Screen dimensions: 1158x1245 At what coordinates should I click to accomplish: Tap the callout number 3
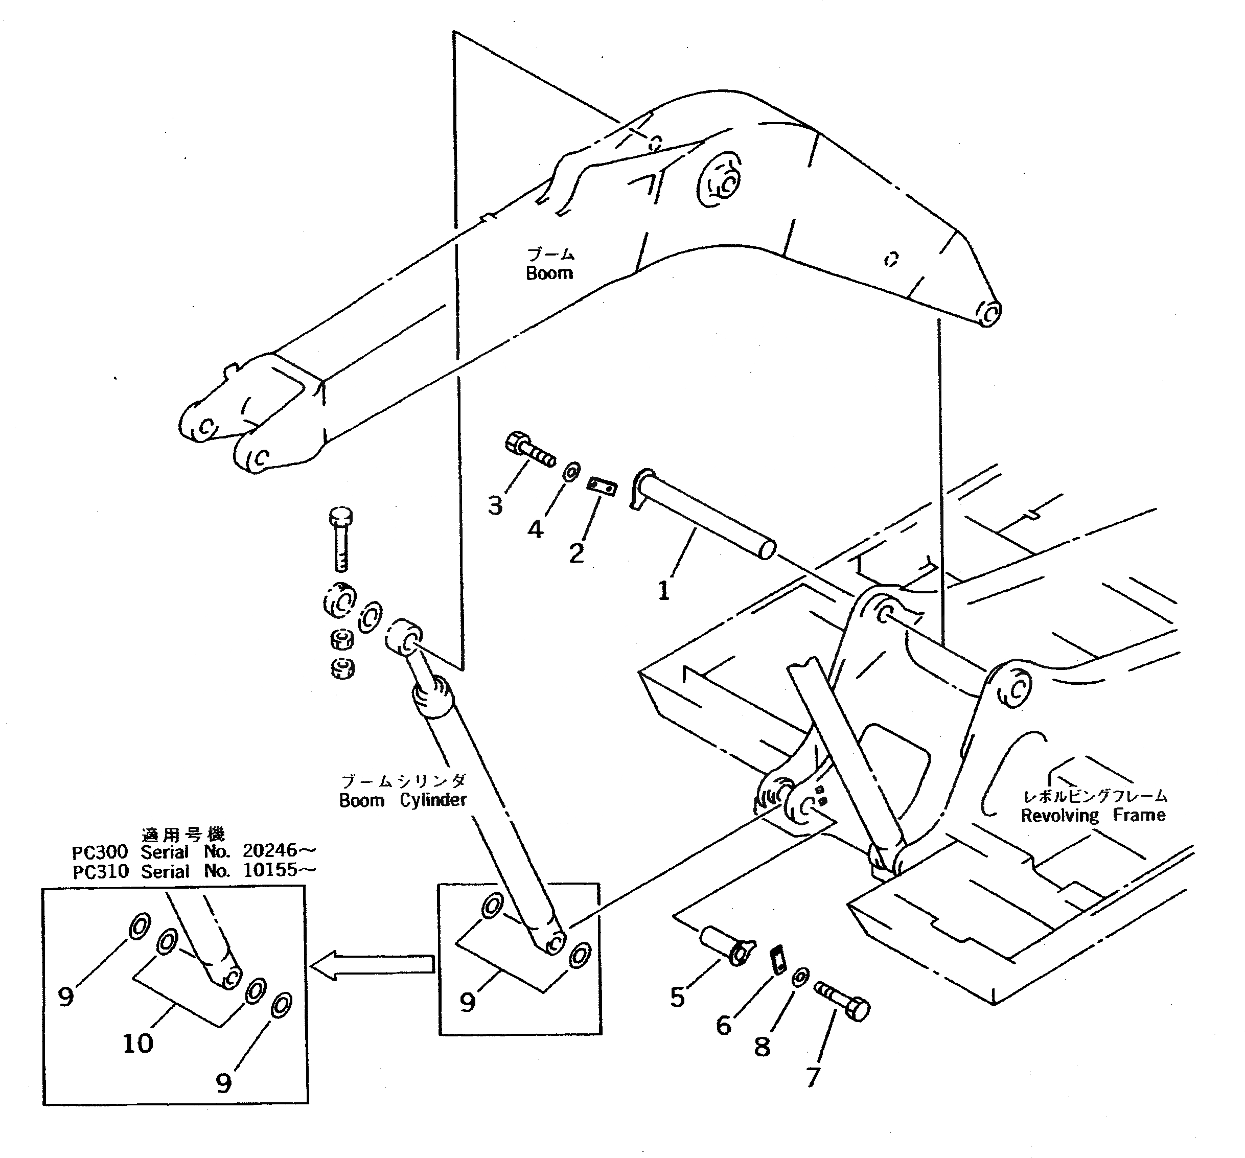(x=495, y=505)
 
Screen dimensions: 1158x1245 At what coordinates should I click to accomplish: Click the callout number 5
(x=678, y=997)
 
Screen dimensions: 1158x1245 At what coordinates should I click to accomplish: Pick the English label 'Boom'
(x=549, y=273)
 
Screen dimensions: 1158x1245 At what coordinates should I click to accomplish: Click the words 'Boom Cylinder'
(x=403, y=800)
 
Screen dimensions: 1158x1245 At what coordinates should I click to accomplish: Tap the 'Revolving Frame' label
(x=1093, y=815)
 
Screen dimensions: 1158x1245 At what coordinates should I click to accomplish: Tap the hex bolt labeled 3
(x=529, y=450)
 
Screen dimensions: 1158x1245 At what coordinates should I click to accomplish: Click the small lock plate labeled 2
(x=602, y=486)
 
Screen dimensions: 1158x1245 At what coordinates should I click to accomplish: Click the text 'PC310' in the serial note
(x=100, y=871)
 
